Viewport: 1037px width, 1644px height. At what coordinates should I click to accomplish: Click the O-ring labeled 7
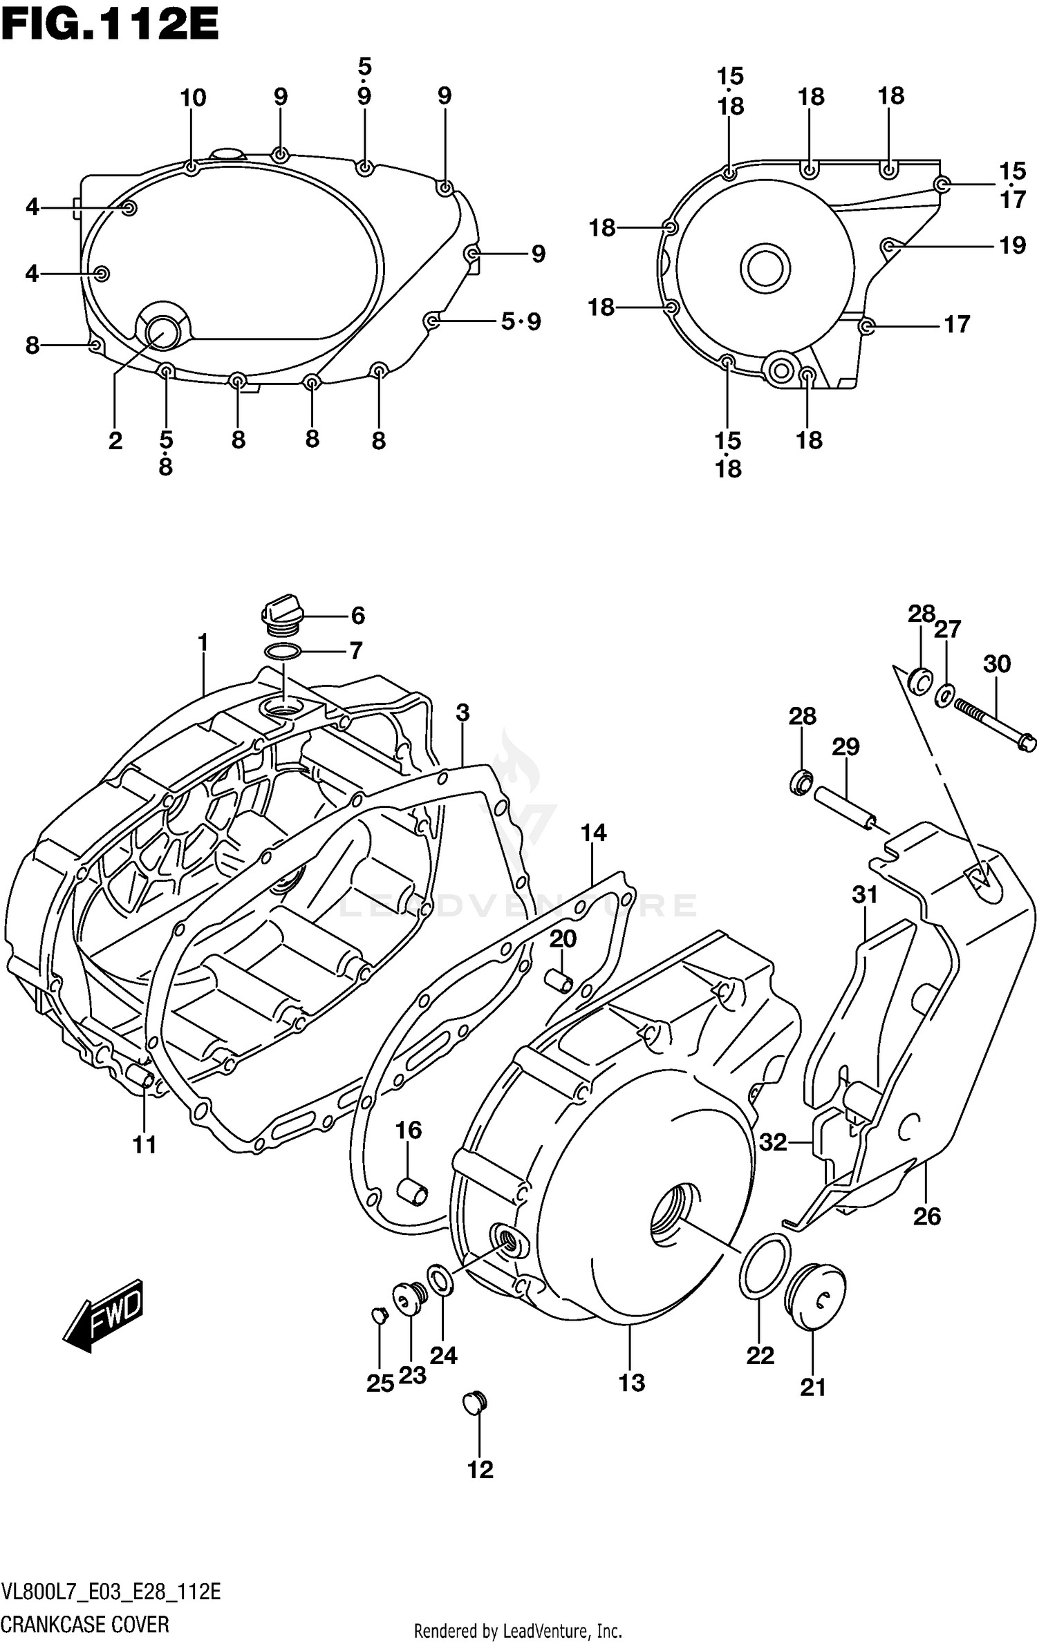pyautogui.click(x=282, y=651)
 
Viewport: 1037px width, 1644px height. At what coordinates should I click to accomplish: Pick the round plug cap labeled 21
pyautogui.click(x=816, y=1298)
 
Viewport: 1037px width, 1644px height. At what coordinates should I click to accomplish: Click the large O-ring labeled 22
pyautogui.click(x=765, y=1266)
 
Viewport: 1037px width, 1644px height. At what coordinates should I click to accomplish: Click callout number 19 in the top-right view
pyautogui.click(x=1013, y=245)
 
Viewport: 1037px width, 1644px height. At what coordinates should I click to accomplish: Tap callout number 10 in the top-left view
pyautogui.click(x=193, y=98)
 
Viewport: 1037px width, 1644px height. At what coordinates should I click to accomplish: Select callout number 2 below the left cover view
pyautogui.click(x=115, y=440)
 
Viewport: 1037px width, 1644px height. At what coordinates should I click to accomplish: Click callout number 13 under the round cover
pyautogui.click(x=631, y=1383)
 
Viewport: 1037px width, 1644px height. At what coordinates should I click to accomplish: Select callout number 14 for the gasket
pyautogui.click(x=593, y=833)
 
